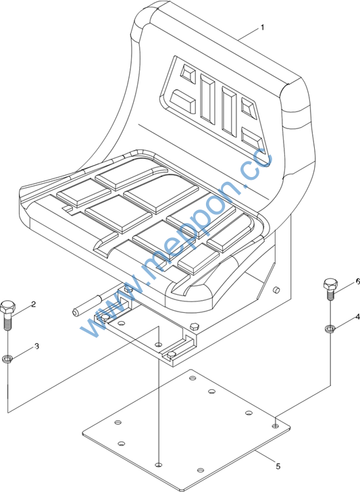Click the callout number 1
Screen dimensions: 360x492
[x=263, y=28]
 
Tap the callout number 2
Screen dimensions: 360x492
[x=33, y=304]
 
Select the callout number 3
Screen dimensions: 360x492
[x=36, y=347]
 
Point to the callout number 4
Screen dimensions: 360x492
[x=357, y=317]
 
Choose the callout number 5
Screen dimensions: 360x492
[x=278, y=466]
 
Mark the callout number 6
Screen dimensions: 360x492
[x=357, y=282]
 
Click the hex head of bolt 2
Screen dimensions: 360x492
[x=7, y=307]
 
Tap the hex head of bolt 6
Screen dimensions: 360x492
[x=330, y=284]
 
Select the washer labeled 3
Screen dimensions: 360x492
[x=7, y=358]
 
